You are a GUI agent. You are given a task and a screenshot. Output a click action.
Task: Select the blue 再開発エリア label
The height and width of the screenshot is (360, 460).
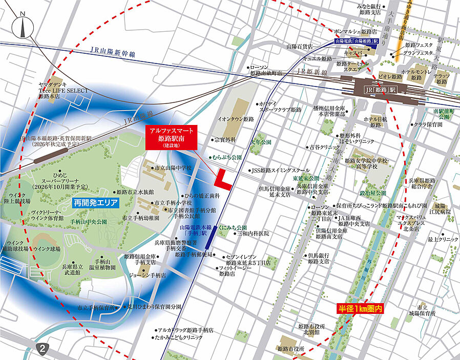96,203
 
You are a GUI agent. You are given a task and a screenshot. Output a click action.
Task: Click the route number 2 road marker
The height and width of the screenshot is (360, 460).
43,348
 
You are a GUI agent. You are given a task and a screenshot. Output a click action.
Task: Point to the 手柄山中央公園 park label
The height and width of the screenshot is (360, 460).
89,222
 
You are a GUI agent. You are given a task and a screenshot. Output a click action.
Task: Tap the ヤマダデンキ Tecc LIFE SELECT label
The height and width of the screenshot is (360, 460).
64,90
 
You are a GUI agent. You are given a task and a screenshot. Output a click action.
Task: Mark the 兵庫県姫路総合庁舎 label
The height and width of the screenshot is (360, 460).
428,184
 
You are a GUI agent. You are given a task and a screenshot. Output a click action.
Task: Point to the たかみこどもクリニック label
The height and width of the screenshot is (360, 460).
179,337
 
